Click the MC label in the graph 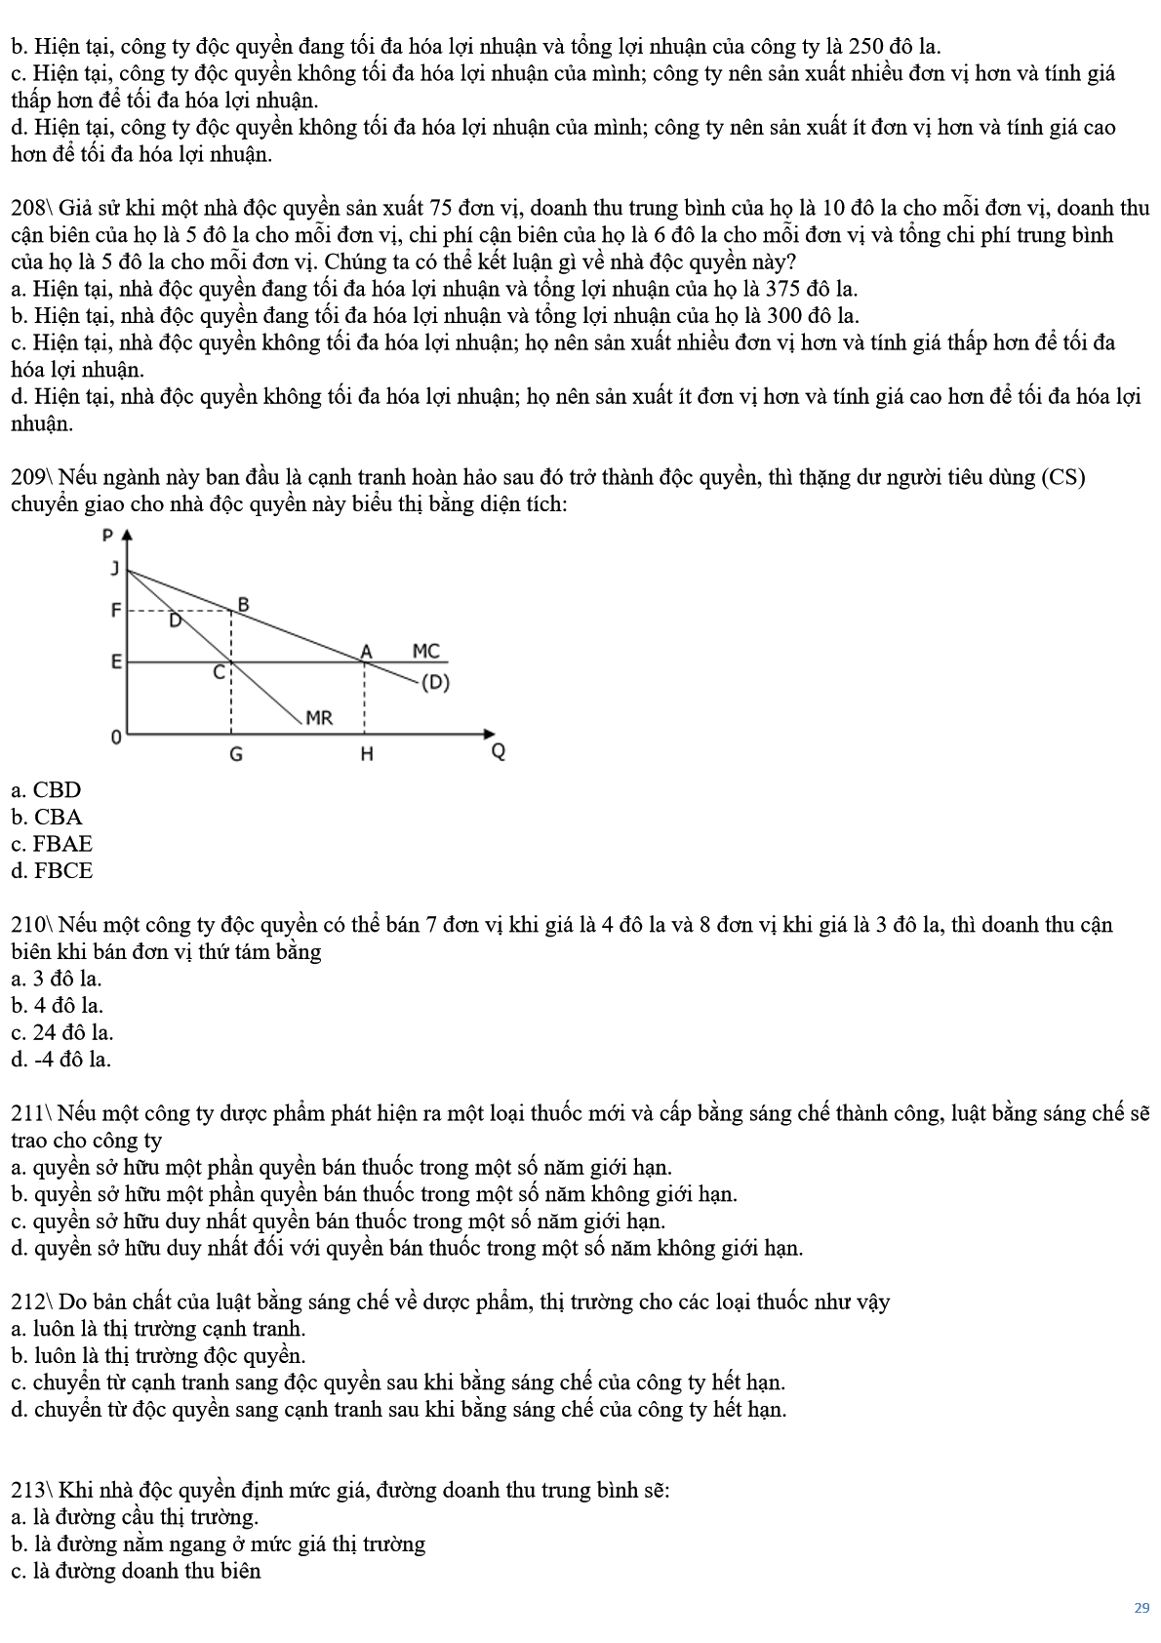click(x=425, y=651)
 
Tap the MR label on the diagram click(x=319, y=718)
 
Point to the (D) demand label click(x=435, y=682)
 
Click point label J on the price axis click(x=115, y=569)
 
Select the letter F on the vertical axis click(x=115, y=611)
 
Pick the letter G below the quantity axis click(x=235, y=754)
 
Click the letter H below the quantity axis click(x=367, y=754)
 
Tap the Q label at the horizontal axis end click(x=498, y=752)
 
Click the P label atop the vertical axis click(x=108, y=535)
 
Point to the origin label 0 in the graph click(x=115, y=737)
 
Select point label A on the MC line click(x=367, y=651)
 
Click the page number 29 click(x=1141, y=1608)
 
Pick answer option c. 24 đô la click(x=62, y=1032)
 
